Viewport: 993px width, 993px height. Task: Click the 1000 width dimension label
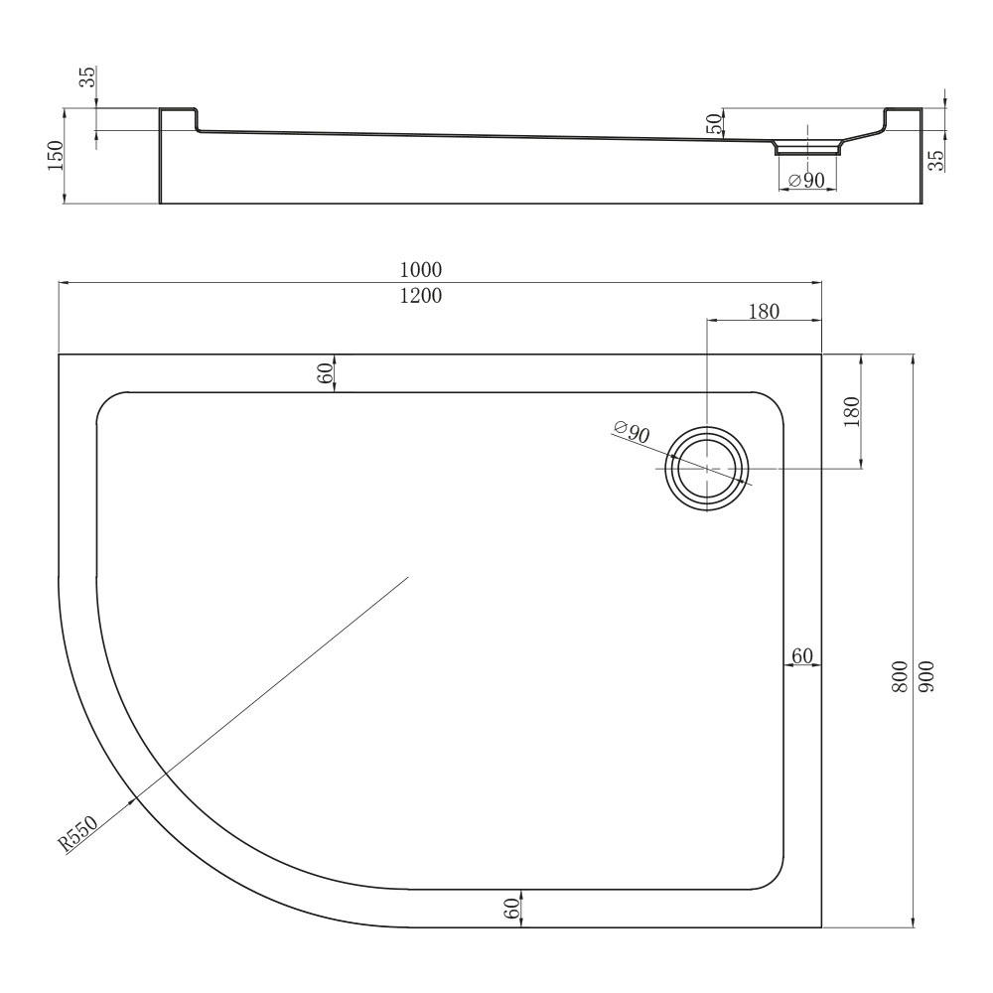coord(420,270)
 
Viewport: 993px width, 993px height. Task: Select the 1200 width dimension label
coord(420,296)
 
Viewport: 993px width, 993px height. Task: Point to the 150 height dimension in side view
coord(56,156)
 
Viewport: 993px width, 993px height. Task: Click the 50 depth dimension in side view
coord(714,123)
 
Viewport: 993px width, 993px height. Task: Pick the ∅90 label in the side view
coord(806,181)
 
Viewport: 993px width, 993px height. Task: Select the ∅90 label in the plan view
coord(632,432)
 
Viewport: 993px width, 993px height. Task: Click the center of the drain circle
coord(707,469)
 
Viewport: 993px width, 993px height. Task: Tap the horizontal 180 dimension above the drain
coord(764,312)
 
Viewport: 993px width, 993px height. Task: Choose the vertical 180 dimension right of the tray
coord(852,412)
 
